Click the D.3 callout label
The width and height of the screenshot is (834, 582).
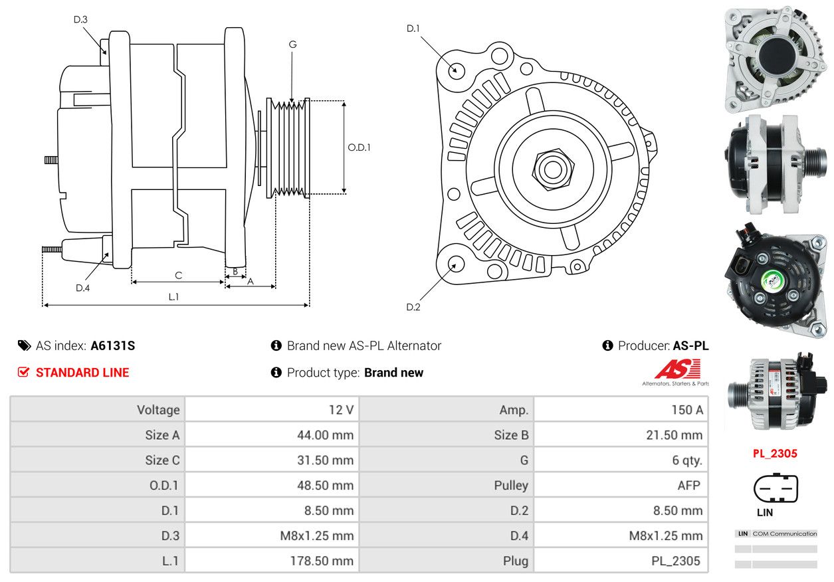80,19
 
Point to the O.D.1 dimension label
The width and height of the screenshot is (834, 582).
359,147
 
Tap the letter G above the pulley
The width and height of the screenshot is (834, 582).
292,45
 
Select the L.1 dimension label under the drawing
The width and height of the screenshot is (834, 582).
173,296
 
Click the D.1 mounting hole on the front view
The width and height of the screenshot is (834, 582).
456,70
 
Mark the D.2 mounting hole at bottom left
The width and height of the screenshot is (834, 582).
456,264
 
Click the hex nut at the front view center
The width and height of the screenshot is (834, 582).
553,169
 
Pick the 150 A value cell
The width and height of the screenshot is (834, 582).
621,409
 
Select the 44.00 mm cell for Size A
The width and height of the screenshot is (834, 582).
272,435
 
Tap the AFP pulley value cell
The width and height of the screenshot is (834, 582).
621,485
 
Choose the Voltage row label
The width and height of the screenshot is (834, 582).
158,410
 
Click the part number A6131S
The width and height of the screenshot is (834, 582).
113,345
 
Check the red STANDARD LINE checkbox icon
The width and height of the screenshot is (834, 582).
23,372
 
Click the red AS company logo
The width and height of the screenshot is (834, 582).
678,369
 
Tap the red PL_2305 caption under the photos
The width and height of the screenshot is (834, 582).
775,453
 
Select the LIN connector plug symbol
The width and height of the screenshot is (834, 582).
776,488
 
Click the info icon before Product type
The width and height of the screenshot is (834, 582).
276,372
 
